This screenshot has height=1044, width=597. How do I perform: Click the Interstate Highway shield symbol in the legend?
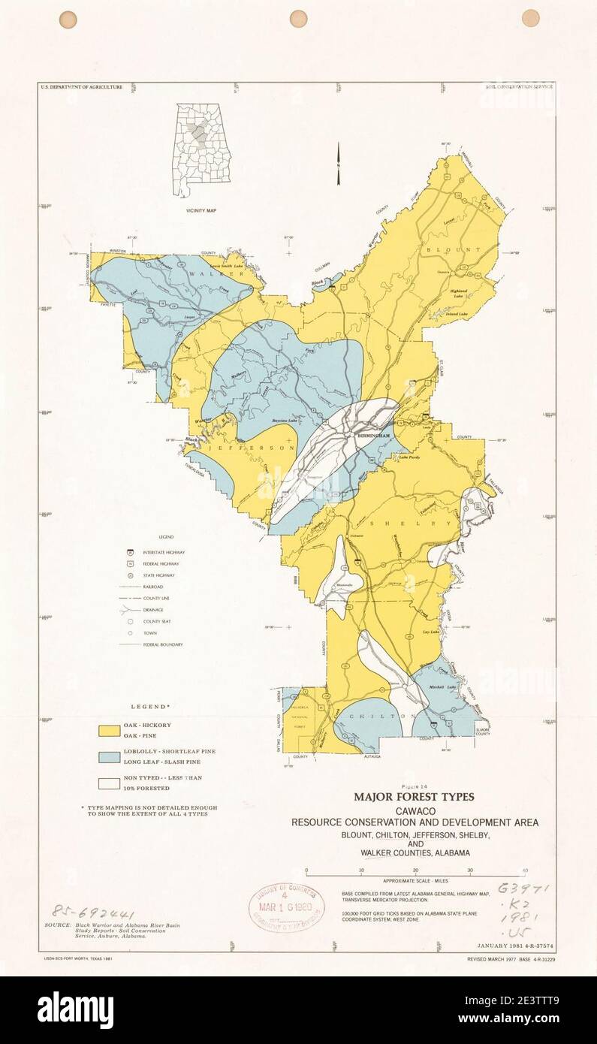point(131,552)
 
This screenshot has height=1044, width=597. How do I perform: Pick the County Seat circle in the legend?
point(131,621)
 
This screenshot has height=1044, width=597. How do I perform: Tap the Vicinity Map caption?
point(201,211)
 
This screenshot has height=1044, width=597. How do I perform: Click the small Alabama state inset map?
point(201,150)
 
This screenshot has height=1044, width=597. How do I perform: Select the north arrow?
point(339,163)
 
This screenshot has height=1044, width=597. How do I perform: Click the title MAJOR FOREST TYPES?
point(414,796)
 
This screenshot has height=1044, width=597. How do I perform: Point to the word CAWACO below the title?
point(415,811)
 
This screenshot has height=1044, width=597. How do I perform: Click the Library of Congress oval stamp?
point(288,906)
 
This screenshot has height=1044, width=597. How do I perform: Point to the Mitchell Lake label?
point(441,687)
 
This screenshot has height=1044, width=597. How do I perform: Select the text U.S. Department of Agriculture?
point(81,87)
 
